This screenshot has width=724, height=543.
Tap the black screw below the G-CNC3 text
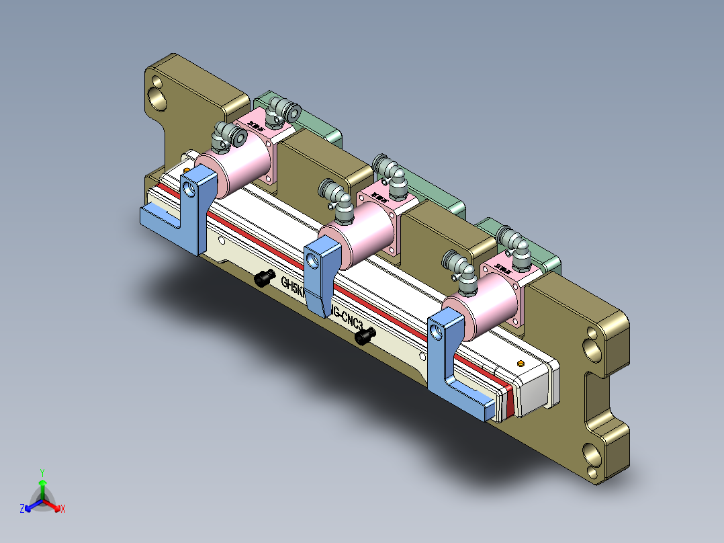point(363,335)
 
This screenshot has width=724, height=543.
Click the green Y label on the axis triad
point(42,472)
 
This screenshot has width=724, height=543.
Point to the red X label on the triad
point(62,509)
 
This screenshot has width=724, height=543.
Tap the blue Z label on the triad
point(22,509)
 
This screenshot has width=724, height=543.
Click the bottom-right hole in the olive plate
point(593,456)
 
